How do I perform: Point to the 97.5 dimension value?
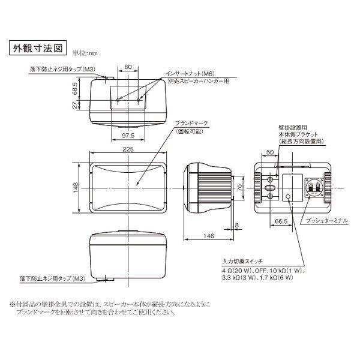click(x=127, y=135)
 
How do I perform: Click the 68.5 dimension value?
click(x=74, y=91)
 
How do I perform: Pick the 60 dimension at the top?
click(x=128, y=68)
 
